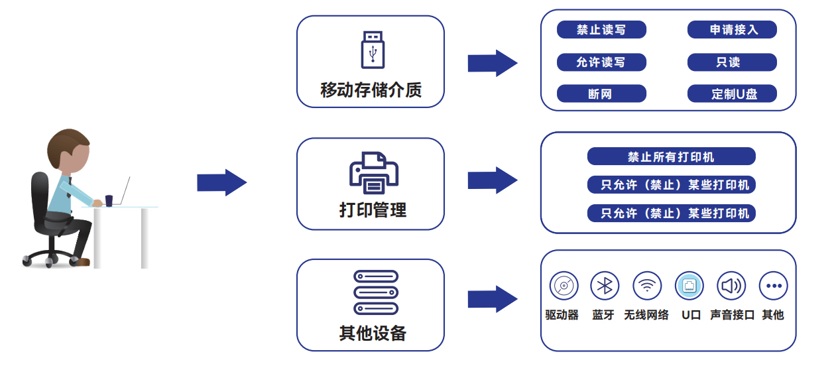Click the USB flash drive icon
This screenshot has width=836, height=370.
click(373, 50)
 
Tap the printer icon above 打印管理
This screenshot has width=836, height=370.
click(373, 173)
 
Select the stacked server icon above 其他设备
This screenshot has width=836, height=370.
click(375, 292)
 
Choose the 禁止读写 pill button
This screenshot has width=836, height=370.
click(601, 30)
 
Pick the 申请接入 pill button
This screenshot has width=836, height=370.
click(732, 30)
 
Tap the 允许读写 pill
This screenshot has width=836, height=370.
click(601, 62)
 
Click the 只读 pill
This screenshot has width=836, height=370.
click(732, 62)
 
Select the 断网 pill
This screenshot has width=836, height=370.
click(601, 94)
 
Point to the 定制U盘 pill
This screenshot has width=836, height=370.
click(732, 94)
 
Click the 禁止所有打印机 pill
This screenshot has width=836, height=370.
click(671, 157)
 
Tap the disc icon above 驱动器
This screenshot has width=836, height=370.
click(564, 286)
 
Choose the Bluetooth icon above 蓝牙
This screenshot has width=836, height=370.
click(605, 286)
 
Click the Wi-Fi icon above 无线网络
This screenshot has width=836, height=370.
click(647, 286)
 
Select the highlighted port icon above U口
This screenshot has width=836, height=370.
click(689, 286)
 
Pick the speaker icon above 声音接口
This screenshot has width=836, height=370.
click(731, 286)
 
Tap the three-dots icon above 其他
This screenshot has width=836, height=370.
click(773, 286)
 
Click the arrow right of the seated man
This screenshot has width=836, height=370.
click(221, 182)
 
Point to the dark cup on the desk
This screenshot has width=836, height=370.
click(109, 200)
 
